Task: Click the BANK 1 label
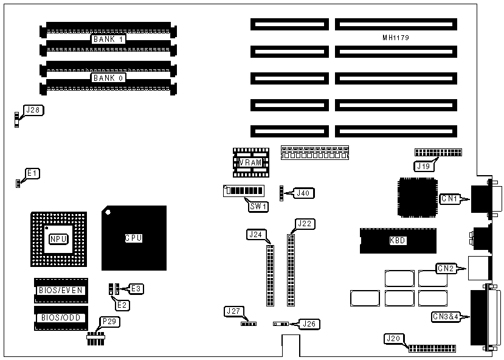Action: click(108, 40)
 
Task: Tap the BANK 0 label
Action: click(108, 78)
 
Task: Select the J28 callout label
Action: click(32, 110)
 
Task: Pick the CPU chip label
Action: click(133, 238)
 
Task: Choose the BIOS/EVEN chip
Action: click(61, 290)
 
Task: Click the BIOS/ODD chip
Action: click(61, 317)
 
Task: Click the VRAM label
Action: click(250, 162)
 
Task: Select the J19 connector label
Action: click(424, 165)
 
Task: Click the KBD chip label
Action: click(398, 240)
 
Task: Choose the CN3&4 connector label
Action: click(445, 316)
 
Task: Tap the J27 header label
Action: click(233, 311)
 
